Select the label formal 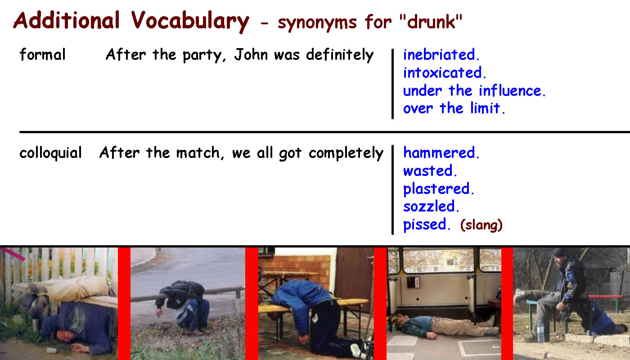click(42, 54)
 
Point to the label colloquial click(50, 153)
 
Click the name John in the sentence click(251, 54)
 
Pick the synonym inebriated click(441, 54)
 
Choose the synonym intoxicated click(445, 72)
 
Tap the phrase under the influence click(474, 90)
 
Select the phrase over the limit click(454, 108)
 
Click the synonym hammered click(441, 153)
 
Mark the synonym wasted click(430, 171)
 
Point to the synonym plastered click(438, 189)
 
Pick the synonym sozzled click(431, 207)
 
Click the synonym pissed click(427, 225)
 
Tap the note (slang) click(481, 225)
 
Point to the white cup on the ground click(51, 350)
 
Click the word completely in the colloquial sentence click(346, 153)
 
